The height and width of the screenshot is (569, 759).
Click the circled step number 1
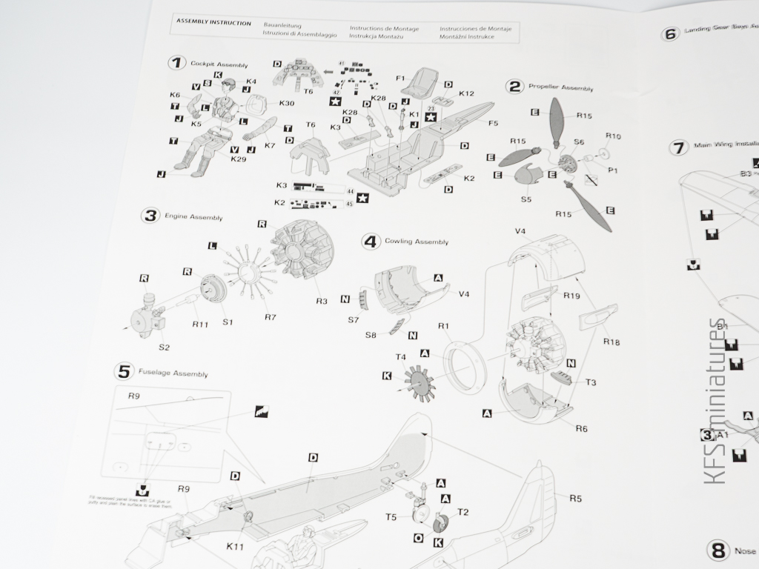pos(176,63)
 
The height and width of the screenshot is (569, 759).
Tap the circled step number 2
pos(514,87)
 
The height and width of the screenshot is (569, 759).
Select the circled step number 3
pos(150,216)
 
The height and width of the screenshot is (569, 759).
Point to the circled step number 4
pos(371,241)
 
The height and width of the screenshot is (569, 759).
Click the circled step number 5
pos(125,371)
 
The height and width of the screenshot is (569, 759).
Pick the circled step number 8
pos(717,550)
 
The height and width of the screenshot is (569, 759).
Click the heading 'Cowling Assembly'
pos(416,242)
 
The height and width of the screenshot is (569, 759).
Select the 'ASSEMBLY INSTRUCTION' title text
pos(213,22)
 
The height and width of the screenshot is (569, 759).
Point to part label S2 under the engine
pos(164,347)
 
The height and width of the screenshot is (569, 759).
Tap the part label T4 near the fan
pos(400,357)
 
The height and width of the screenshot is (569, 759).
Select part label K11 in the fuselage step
pos(235,547)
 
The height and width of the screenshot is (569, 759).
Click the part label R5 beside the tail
pos(575,498)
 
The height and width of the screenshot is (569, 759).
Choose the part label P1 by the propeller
pos(613,170)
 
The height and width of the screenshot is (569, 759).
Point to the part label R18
pos(611,342)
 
